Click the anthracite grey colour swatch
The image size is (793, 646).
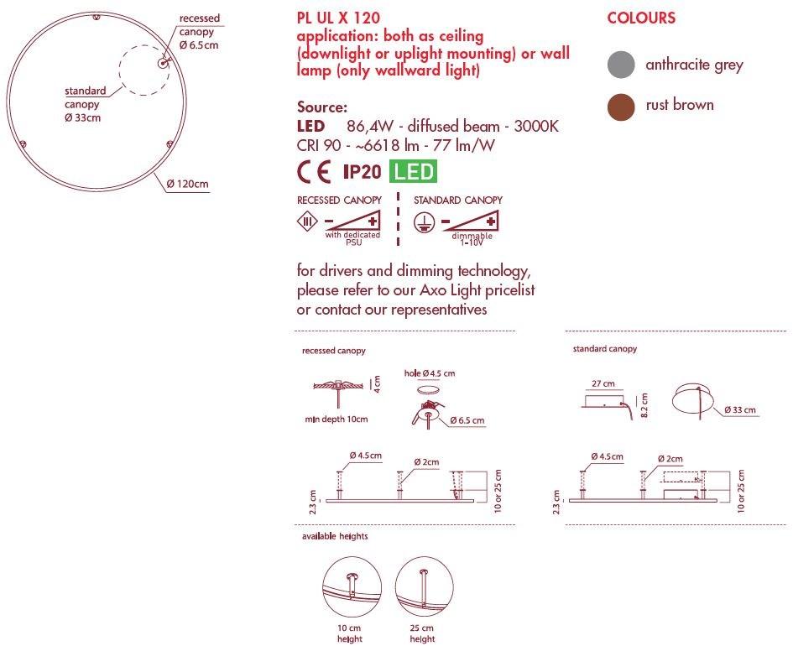(621, 65)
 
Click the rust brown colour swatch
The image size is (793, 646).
(621, 107)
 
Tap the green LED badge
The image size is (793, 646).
(415, 172)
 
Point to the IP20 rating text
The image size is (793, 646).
(362, 172)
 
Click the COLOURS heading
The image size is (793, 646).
(641, 18)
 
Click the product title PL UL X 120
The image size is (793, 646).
(338, 18)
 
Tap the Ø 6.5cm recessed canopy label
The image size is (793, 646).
(199, 44)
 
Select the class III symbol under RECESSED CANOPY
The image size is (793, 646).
(308, 222)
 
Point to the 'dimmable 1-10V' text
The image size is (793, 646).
(472, 239)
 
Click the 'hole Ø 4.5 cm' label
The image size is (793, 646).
(429, 372)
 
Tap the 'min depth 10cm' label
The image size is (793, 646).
(336, 418)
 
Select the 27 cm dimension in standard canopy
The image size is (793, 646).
(602, 383)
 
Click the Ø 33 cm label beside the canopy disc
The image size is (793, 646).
(738, 410)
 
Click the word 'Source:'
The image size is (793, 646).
(321, 107)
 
